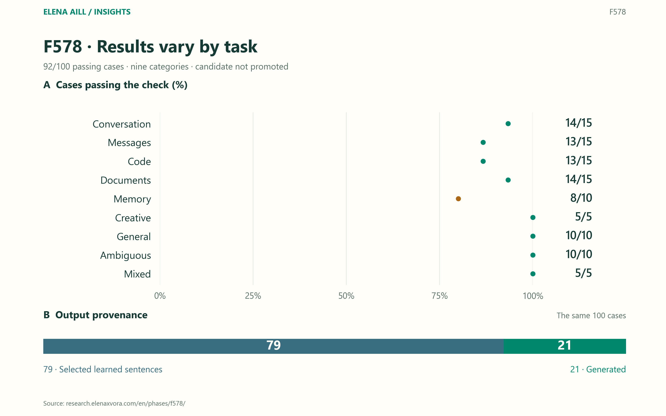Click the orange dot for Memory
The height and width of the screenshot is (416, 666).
click(x=458, y=199)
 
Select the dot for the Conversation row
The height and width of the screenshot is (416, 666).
click(x=508, y=124)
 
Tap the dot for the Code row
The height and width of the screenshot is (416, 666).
click(x=483, y=161)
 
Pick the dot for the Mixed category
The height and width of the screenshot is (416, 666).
click(x=533, y=274)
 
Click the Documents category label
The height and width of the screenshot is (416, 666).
click(x=125, y=180)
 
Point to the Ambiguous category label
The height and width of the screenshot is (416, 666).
click(x=125, y=256)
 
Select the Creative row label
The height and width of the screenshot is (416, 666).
click(x=133, y=218)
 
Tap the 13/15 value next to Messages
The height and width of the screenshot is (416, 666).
click(x=579, y=141)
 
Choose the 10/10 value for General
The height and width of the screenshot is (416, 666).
click(x=579, y=235)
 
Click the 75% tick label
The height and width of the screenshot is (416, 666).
click(x=440, y=296)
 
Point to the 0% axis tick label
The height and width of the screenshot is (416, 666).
click(x=160, y=296)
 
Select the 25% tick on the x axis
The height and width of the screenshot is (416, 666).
click(x=253, y=296)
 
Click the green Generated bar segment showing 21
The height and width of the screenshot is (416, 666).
click(x=564, y=346)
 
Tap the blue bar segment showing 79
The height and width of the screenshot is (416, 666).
click(x=273, y=346)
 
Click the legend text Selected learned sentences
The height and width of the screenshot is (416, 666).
click(x=111, y=369)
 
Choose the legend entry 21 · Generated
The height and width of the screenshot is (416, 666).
click(x=598, y=369)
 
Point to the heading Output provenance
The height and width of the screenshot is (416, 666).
click(x=101, y=315)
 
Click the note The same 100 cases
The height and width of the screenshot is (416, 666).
click(x=591, y=315)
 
